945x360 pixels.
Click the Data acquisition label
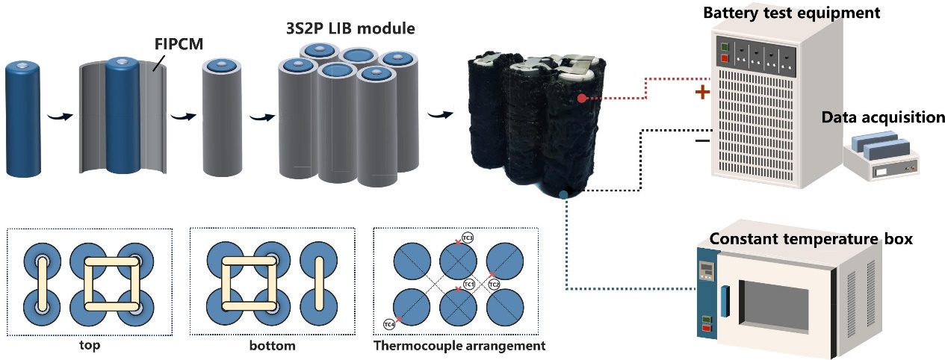click(883, 117)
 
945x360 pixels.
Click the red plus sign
click(701, 93)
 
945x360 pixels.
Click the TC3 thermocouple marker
click(466, 238)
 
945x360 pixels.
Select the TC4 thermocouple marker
click(389, 324)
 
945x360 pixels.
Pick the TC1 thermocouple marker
click(468, 285)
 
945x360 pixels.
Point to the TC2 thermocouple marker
click(494, 284)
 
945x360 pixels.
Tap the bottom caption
click(273, 346)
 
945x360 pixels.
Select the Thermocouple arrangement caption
click(459, 346)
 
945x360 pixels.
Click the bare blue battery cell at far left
click(27, 120)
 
